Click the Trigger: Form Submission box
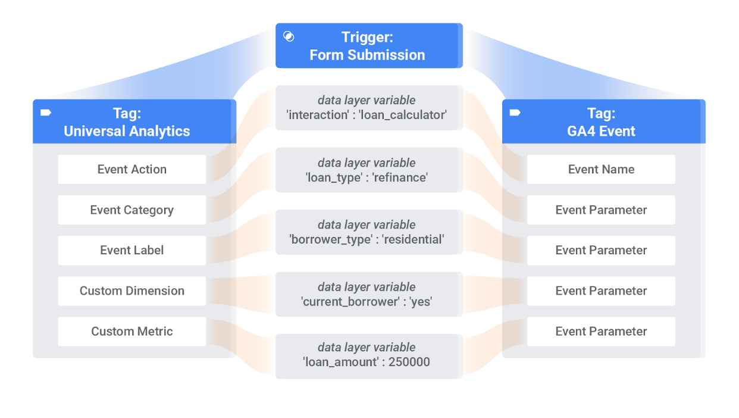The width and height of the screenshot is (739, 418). [x=368, y=46]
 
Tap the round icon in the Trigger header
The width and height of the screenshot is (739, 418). [x=289, y=37]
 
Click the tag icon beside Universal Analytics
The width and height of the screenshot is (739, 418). [x=46, y=113]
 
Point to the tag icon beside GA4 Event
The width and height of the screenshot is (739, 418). [x=515, y=113]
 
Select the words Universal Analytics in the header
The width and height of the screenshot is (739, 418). [x=127, y=132]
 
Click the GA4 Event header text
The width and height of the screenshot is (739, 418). [x=601, y=132]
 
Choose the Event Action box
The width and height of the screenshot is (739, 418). [x=131, y=170]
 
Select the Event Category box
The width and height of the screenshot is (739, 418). [x=131, y=210]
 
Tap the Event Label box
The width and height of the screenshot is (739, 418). [x=131, y=251]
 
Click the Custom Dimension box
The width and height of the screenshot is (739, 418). [x=131, y=291]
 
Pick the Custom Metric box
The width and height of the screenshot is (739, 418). [x=131, y=332]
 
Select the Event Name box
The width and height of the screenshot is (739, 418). [x=601, y=170]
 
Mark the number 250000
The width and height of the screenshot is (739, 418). [x=409, y=362]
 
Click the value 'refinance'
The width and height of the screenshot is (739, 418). [x=401, y=177]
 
